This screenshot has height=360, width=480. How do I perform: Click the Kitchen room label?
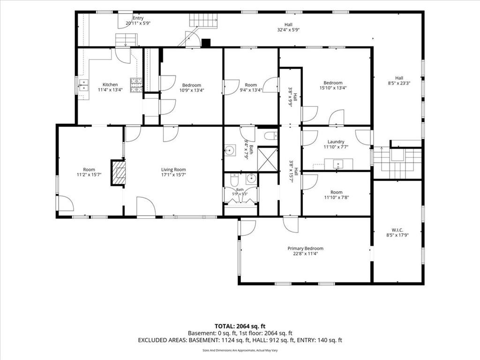110,84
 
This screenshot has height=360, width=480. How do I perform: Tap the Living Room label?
173,170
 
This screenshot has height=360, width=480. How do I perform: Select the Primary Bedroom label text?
305,248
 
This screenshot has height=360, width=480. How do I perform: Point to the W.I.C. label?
397,230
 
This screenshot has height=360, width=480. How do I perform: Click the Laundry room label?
336,142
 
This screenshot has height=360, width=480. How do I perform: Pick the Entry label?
138,18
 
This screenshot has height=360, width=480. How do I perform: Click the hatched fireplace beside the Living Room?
118,172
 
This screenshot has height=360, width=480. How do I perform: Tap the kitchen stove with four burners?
136,85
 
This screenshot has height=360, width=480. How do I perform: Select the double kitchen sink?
83,85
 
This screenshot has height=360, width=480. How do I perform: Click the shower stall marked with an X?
268,159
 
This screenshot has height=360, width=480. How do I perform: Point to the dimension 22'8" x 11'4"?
305,254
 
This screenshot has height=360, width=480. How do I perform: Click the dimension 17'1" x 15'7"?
173,175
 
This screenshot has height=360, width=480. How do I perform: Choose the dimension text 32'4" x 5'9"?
288,30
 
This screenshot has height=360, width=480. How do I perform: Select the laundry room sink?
338,164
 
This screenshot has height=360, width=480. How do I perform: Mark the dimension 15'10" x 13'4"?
333,88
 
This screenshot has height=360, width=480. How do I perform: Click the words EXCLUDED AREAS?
163,340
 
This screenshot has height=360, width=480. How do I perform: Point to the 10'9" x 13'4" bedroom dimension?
192,90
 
